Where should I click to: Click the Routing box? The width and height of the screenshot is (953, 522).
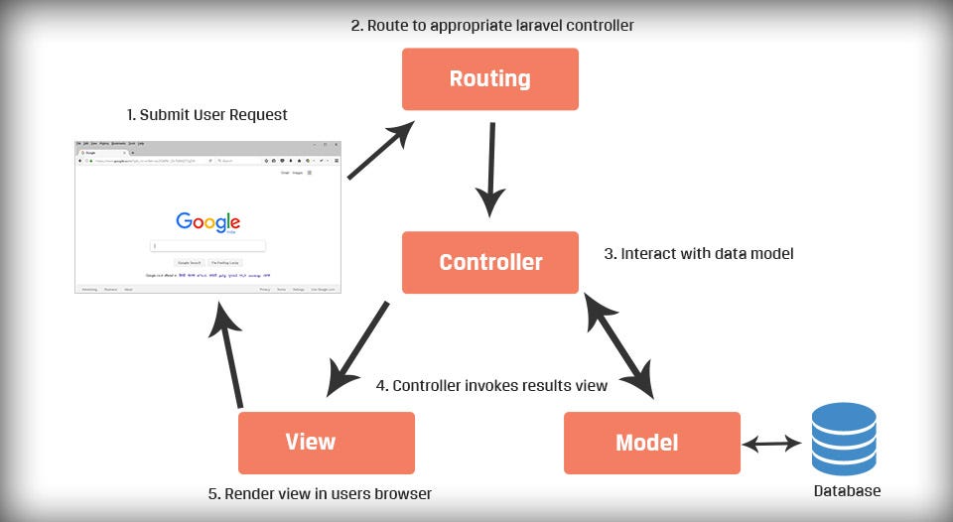(x=489, y=78)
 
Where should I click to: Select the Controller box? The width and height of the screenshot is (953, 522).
(x=489, y=263)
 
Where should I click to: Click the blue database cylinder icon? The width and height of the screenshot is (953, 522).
(x=843, y=439)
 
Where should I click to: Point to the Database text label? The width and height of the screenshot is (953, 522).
(x=847, y=491)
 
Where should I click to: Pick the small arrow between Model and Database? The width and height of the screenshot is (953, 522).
(x=770, y=444)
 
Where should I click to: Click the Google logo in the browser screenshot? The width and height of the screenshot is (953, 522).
(x=207, y=222)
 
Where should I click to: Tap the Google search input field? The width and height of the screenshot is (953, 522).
(x=207, y=245)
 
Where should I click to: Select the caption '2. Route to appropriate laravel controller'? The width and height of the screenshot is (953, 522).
(x=492, y=25)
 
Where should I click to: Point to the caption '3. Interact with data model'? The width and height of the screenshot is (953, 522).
(x=699, y=254)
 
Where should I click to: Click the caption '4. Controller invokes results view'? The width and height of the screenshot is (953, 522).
(x=491, y=385)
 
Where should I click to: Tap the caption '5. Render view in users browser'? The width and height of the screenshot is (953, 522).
(x=319, y=493)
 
